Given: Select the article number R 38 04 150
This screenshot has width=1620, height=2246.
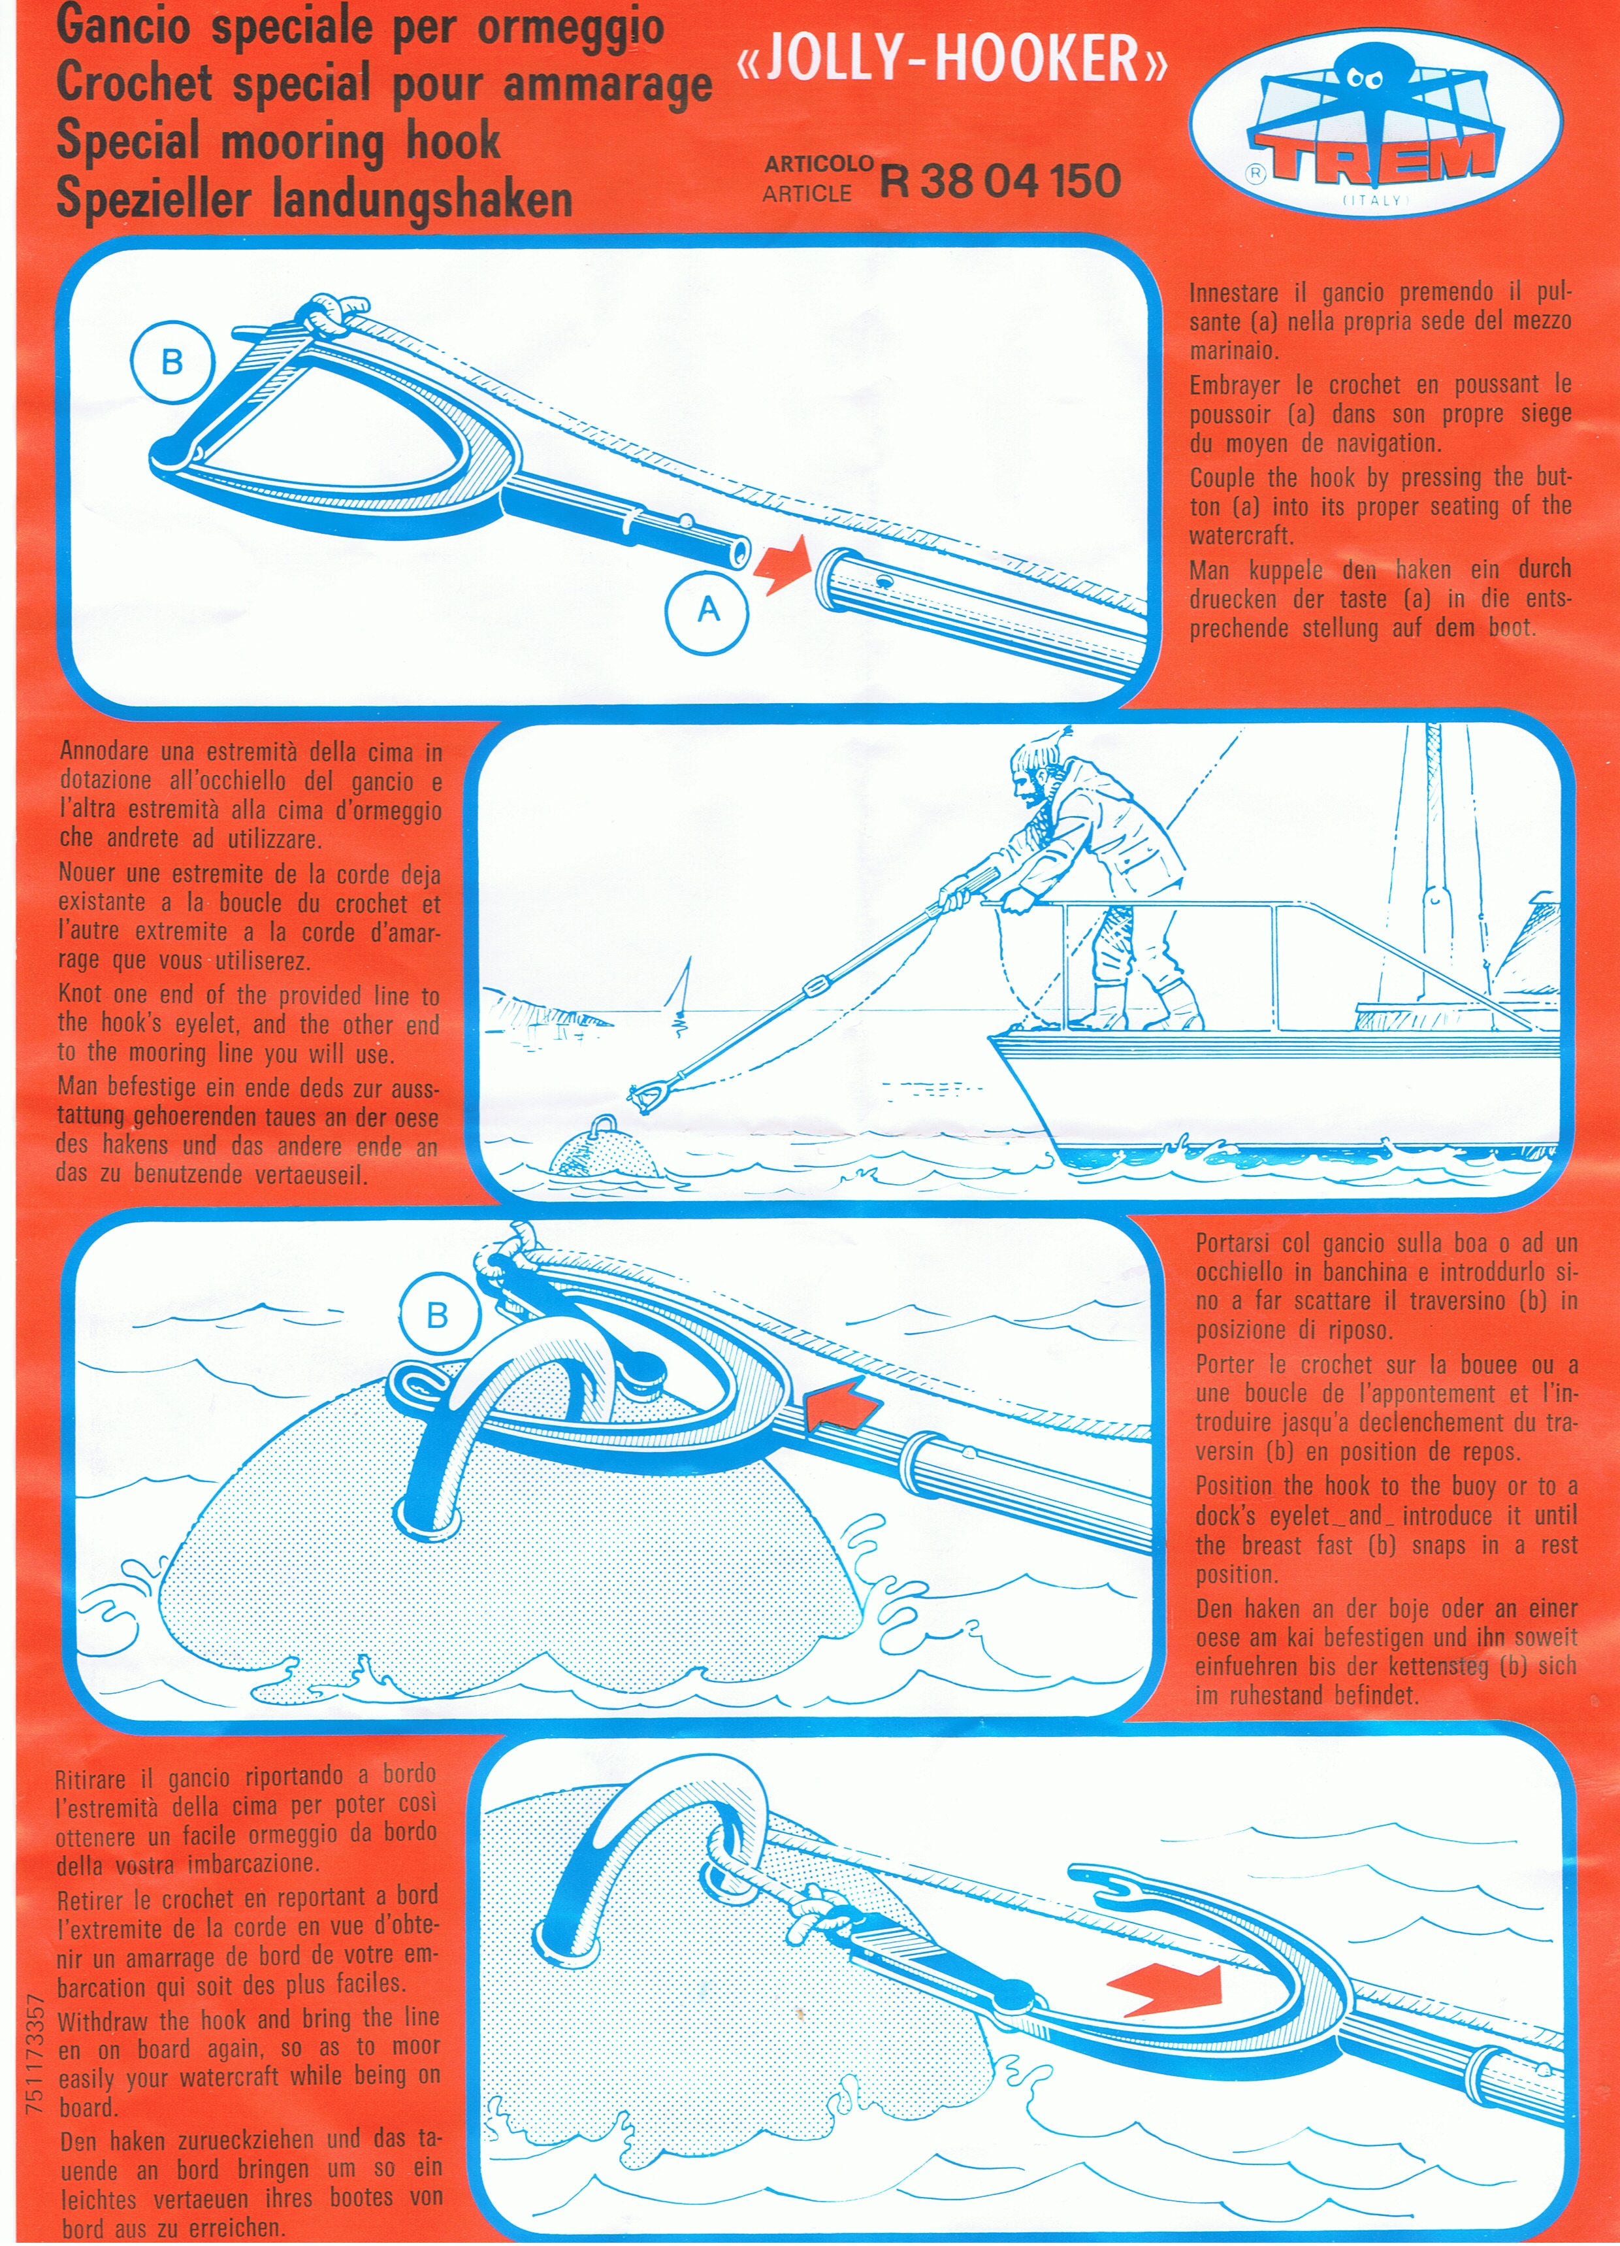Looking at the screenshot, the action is point(1000,180).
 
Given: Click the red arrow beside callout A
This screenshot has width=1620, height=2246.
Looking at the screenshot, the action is point(783,569).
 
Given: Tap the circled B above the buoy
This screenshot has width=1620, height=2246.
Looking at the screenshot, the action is point(437,1315).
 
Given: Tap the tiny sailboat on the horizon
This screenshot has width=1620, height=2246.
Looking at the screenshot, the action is point(679,995).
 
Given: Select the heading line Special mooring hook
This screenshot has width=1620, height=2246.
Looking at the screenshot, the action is point(278,140).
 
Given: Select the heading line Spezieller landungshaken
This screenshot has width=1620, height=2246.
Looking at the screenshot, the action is point(315,198).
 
